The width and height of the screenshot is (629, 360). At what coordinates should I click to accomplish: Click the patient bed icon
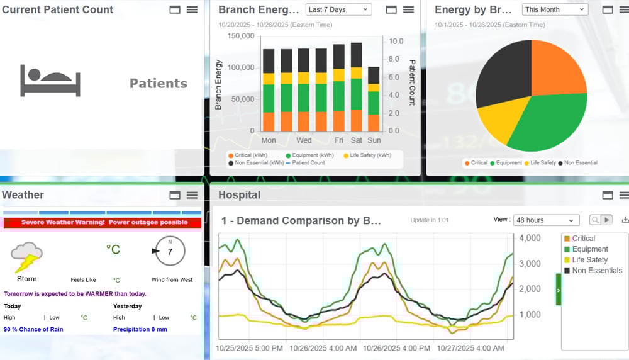coord(50,81)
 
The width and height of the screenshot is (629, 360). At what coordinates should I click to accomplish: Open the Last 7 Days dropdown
coord(338,9)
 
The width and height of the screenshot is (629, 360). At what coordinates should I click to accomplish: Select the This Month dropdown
coord(555,9)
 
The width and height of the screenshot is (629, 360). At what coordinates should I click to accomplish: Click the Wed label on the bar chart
coord(304,140)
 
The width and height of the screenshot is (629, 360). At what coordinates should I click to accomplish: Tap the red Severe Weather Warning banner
coord(103,222)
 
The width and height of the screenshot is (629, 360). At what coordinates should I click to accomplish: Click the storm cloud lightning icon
coord(26,257)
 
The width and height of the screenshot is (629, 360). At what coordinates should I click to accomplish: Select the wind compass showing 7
coord(169,252)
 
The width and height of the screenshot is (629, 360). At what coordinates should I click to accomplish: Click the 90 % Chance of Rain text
coord(35,329)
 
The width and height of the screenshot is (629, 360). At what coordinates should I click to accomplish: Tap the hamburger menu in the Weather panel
coord(192,195)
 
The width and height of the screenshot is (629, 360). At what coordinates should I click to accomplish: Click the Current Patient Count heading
coord(58,9)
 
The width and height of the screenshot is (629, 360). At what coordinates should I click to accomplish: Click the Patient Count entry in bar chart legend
coord(305,163)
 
